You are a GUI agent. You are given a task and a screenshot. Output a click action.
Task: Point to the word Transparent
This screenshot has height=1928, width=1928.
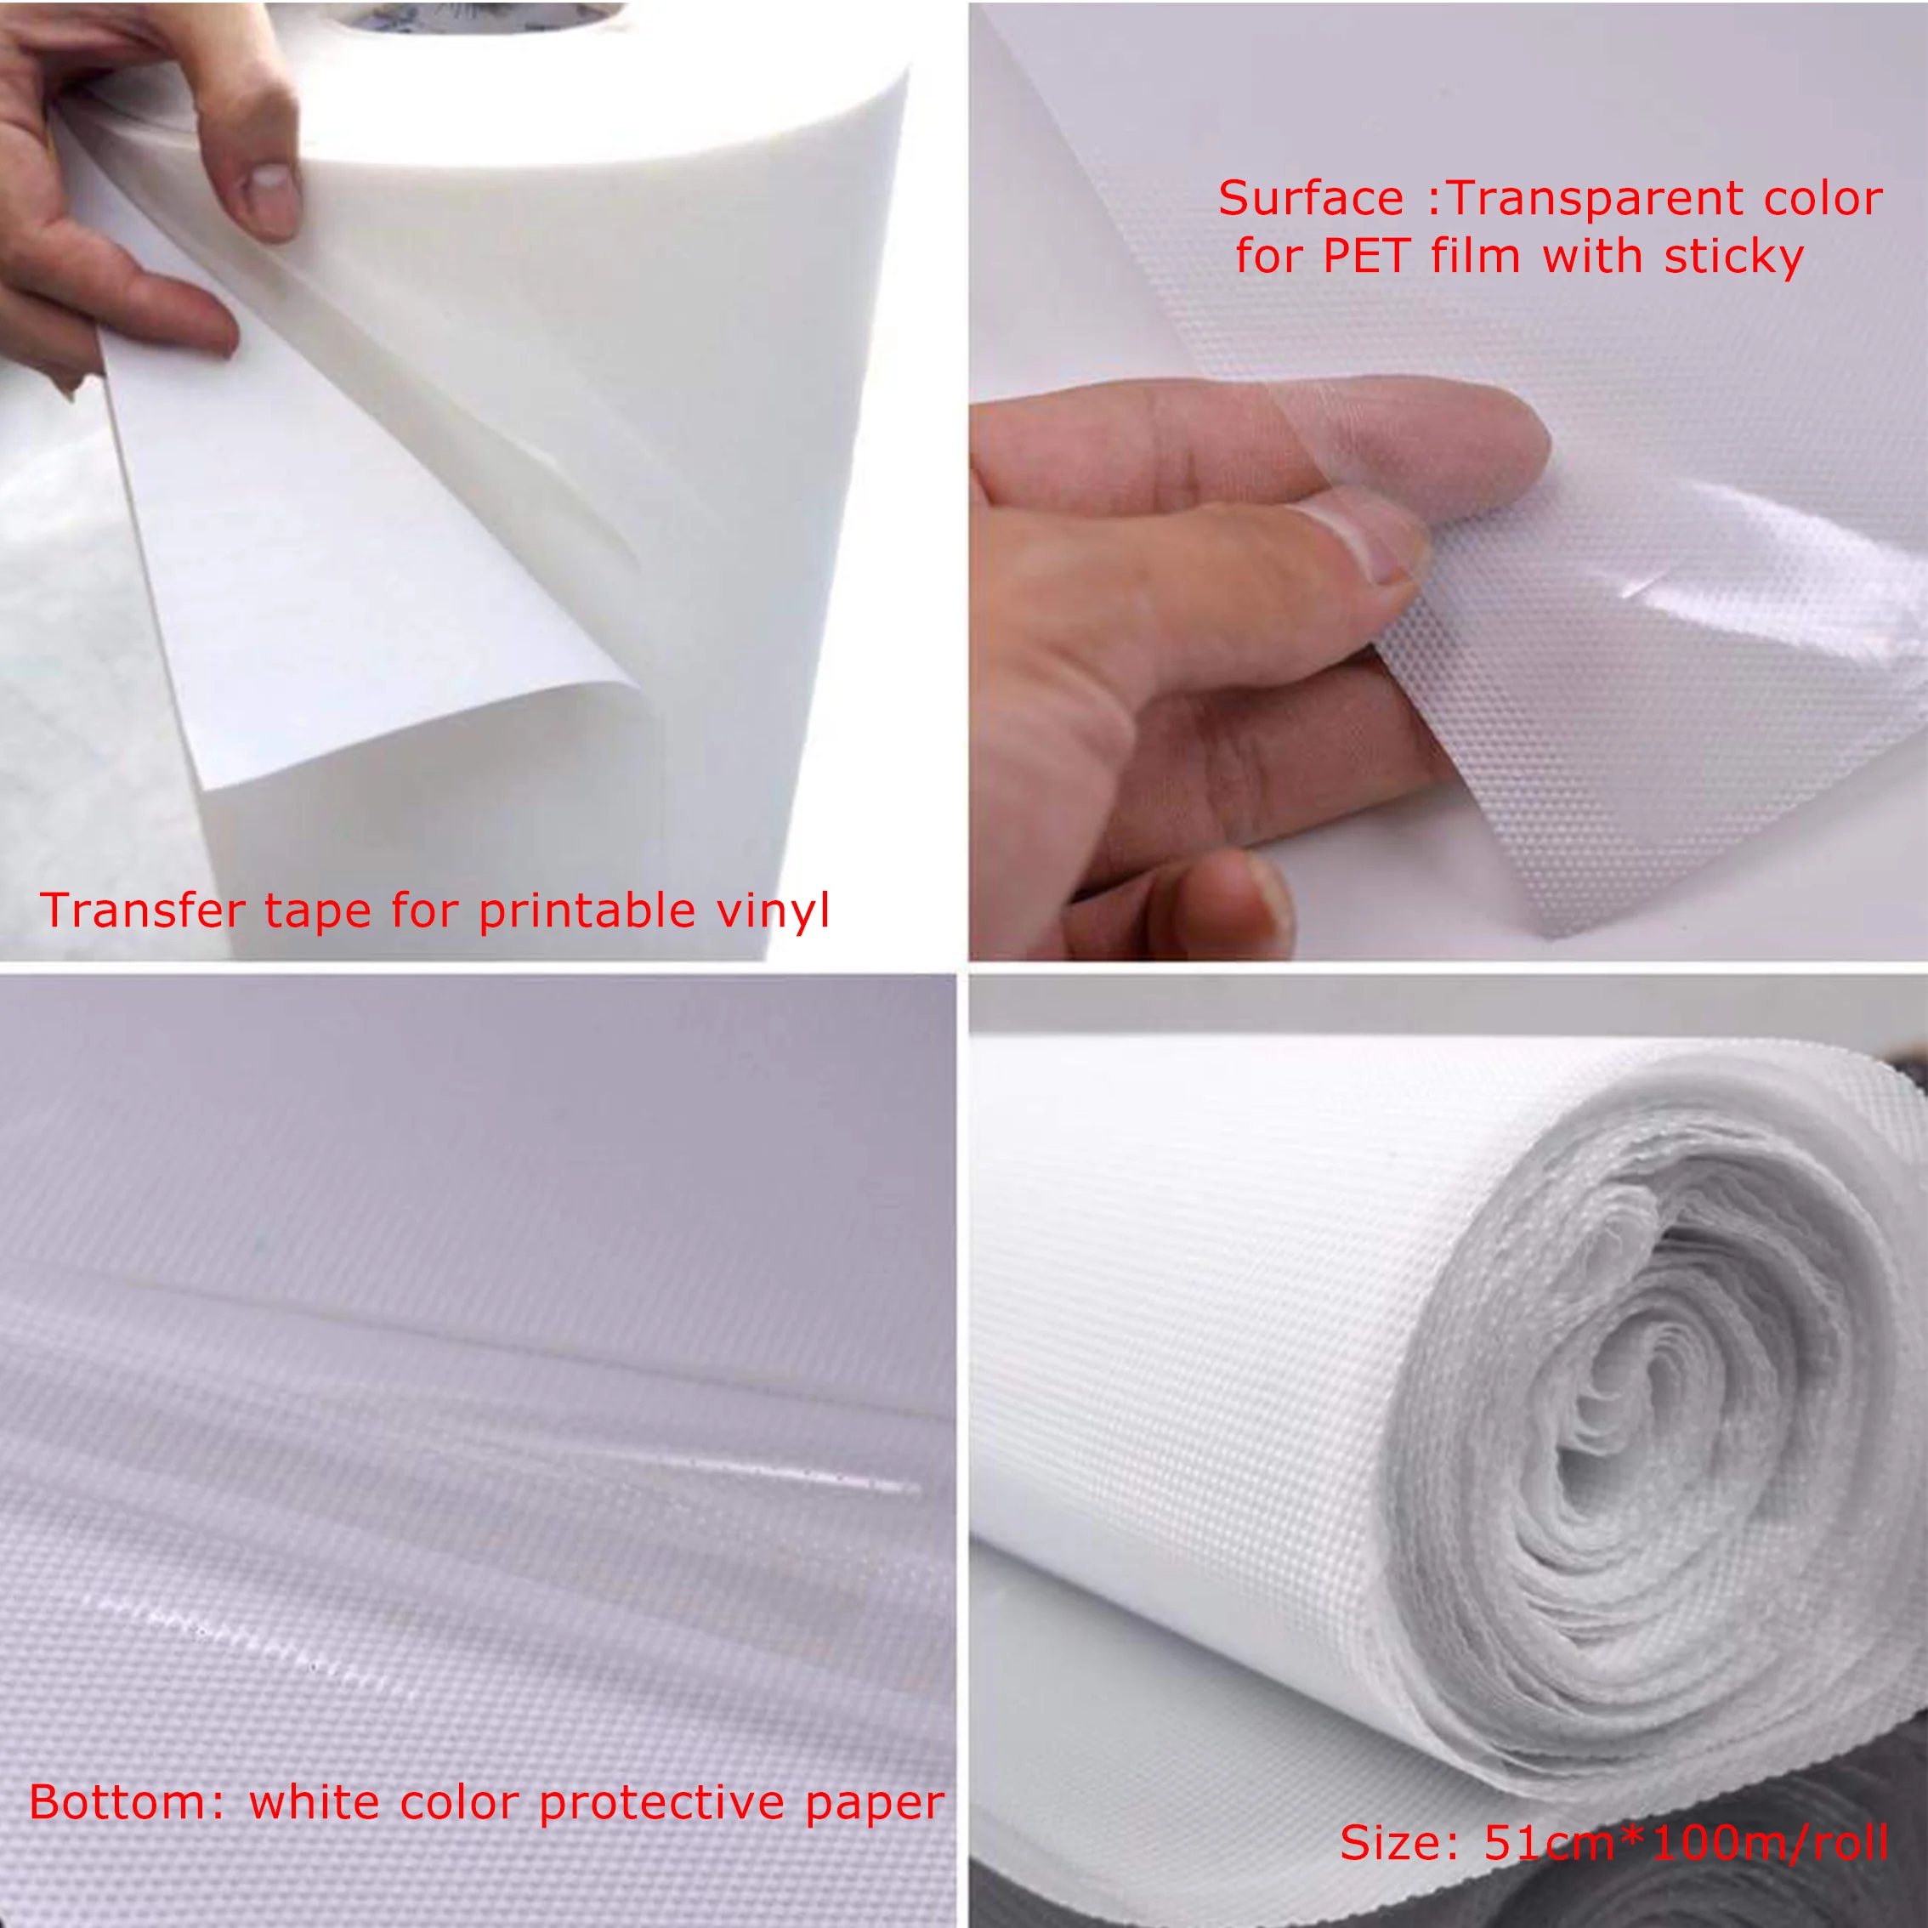[1596, 200]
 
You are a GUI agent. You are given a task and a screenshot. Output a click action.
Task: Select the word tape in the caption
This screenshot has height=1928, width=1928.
[316, 912]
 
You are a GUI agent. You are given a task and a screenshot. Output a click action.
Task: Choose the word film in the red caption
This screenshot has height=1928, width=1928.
[1474, 256]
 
